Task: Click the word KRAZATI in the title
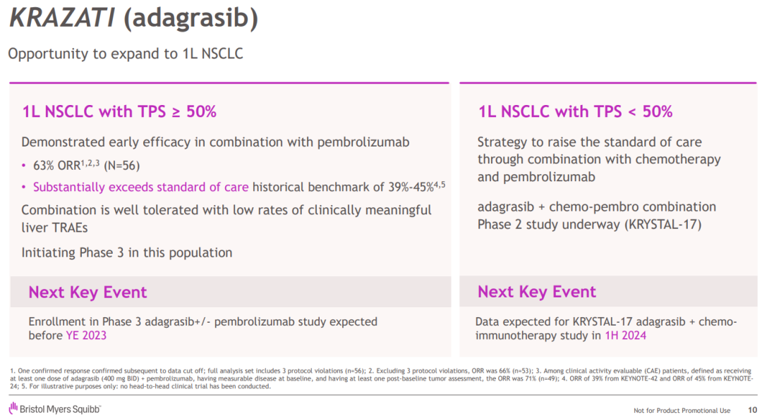coord(61,19)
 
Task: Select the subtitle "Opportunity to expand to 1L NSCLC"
coord(125,54)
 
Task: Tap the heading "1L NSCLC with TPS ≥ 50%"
coord(119,111)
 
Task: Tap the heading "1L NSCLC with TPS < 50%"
coord(575,111)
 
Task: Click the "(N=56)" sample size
coord(121,166)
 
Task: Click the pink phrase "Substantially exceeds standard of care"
coord(140,187)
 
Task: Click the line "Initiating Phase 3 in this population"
coord(126,252)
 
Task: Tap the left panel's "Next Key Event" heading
coord(87,292)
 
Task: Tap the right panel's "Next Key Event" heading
coord(536,292)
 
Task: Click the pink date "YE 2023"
coord(86,335)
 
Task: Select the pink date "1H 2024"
coord(625,335)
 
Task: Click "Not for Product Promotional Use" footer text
coord(682,411)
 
